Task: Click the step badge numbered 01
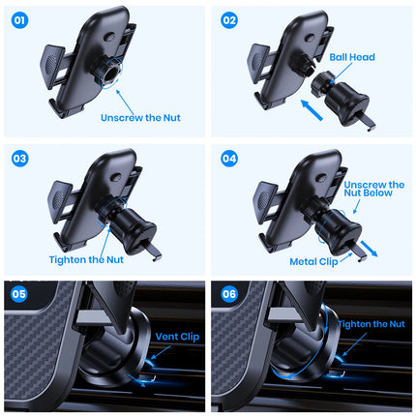point(19,18)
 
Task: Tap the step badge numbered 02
point(228,18)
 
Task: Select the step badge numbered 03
point(19,157)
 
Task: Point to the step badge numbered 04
point(228,157)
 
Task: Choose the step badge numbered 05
point(19,296)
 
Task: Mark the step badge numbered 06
point(228,296)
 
